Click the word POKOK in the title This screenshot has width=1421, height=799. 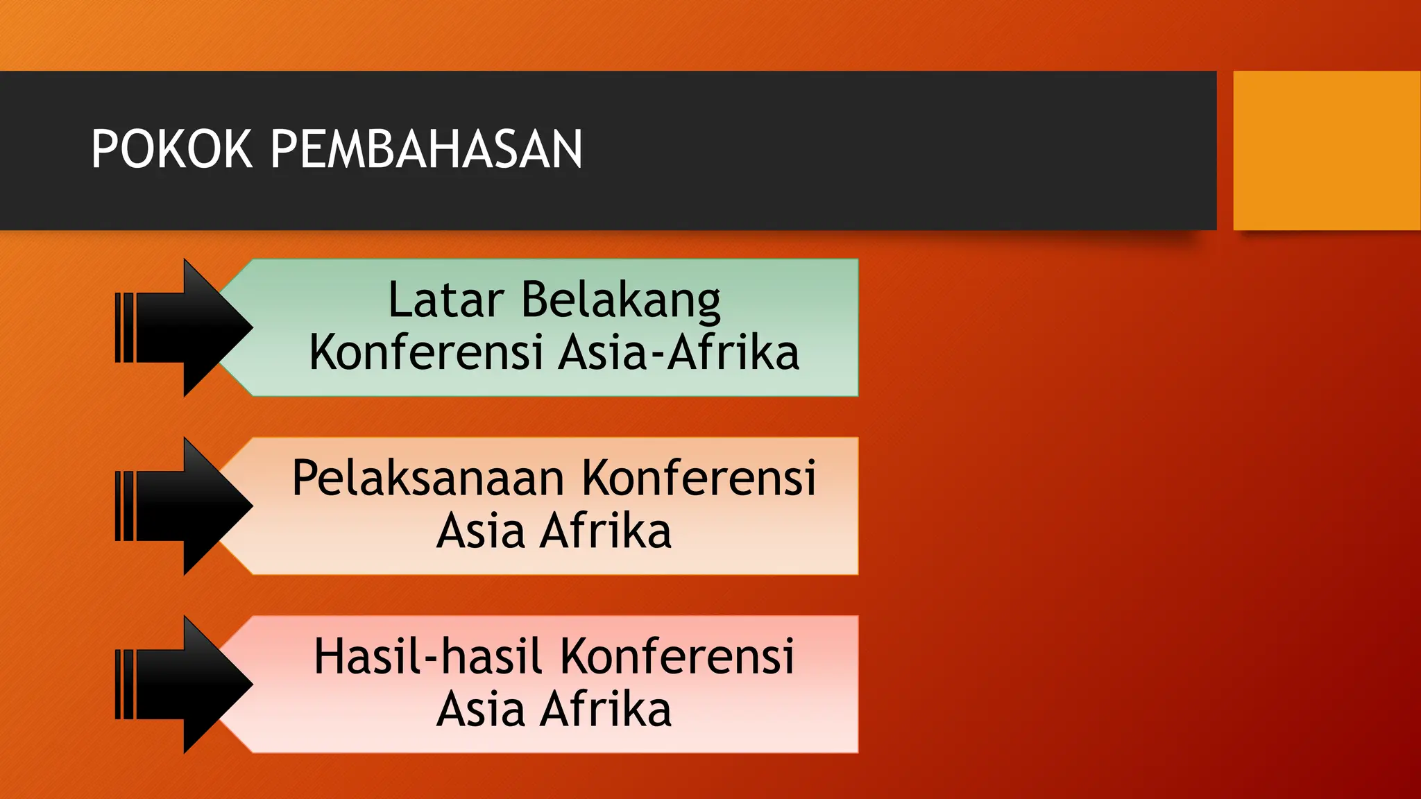pyautogui.click(x=171, y=149)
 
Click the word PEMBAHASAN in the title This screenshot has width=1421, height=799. pyautogui.click(x=426, y=149)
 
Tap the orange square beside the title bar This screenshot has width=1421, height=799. pyautogui.click(x=1326, y=151)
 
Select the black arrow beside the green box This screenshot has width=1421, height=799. pyautogui.click(x=194, y=327)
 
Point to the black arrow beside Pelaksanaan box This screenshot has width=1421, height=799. pyautogui.click(x=194, y=506)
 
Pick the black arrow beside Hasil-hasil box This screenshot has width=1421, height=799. pyautogui.click(x=194, y=684)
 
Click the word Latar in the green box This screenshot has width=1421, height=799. pyautogui.click(x=445, y=300)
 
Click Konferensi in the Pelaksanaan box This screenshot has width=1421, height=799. pyautogui.click(x=699, y=478)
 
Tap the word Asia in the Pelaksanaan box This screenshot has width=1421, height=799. pyautogui.click(x=480, y=531)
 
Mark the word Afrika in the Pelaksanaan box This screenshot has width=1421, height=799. pyautogui.click(x=606, y=531)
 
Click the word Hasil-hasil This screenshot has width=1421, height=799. pyautogui.click(x=427, y=656)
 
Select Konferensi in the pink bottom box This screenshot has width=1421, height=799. pyautogui.click(x=677, y=656)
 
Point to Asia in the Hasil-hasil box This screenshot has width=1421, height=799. pyautogui.click(x=480, y=710)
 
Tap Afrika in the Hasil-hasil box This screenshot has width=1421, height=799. pyautogui.click(x=606, y=710)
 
